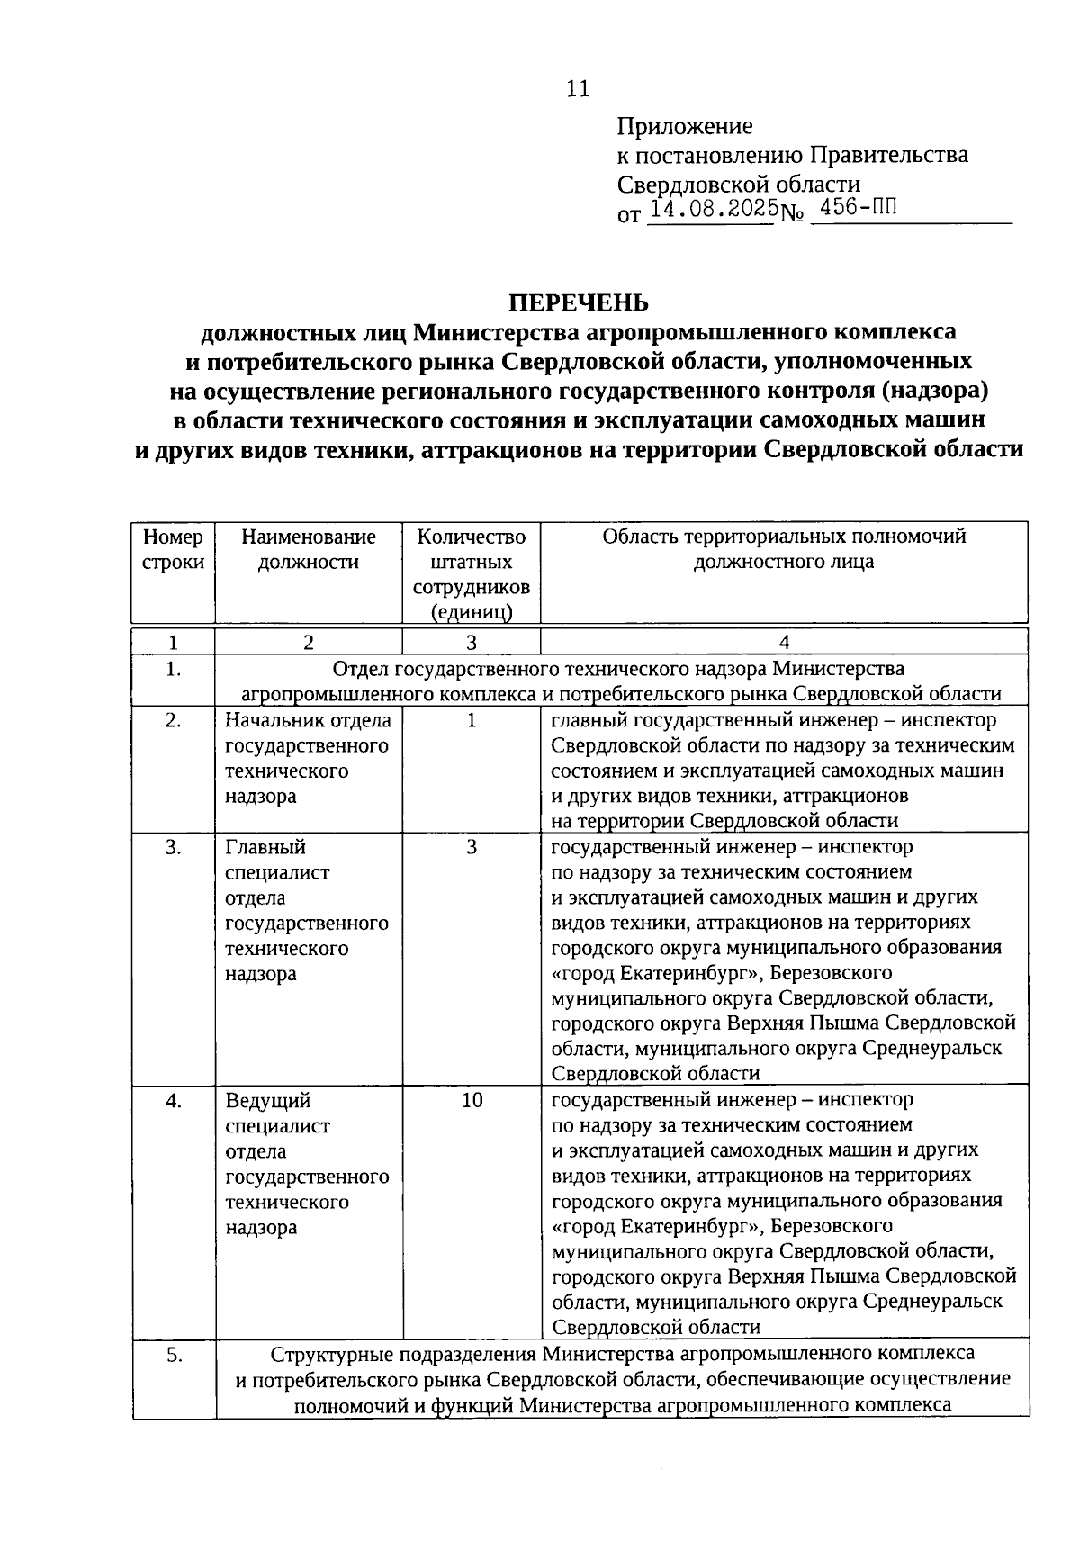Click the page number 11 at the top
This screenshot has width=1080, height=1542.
(x=578, y=89)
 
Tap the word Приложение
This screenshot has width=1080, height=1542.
(x=685, y=126)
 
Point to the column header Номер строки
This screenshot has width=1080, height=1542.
(x=173, y=549)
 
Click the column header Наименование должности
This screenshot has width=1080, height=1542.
(x=309, y=549)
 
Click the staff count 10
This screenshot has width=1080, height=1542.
(x=472, y=1100)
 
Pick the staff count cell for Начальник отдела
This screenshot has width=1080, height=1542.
(x=472, y=720)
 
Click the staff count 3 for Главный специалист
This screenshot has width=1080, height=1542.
(x=472, y=847)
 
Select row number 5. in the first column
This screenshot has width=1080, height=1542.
(x=174, y=1355)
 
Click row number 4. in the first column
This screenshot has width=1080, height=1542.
(x=174, y=1100)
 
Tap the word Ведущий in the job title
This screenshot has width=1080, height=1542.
(x=267, y=1101)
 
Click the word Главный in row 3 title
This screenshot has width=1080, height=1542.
(x=265, y=847)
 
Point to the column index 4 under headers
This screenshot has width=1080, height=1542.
(x=784, y=642)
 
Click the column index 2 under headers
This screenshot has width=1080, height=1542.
(x=309, y=642)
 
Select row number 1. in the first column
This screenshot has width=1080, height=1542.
(x=174, y=668)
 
